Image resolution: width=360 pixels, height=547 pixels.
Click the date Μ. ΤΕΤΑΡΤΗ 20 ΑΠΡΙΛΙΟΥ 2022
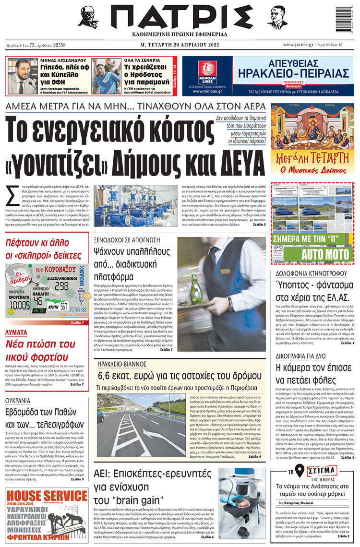point(180,45)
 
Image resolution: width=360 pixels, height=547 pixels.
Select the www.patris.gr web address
point(301,45)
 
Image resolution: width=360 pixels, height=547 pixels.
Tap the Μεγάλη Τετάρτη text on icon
point(312,158)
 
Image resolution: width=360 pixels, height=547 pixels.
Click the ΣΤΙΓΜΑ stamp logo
point(318,472)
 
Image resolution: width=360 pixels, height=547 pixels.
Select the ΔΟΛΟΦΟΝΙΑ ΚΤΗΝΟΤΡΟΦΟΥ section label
point(312,273)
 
